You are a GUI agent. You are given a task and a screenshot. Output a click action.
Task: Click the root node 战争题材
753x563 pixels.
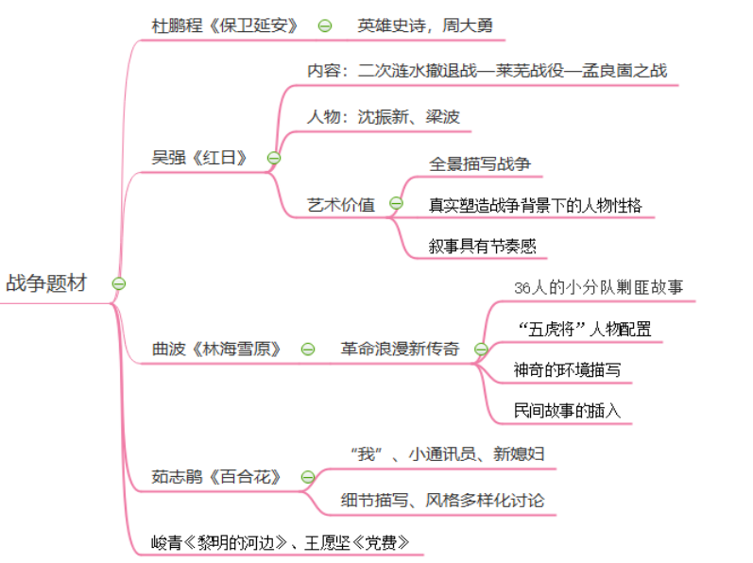45,283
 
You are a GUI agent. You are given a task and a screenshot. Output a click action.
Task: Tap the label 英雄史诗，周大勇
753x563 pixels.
424,26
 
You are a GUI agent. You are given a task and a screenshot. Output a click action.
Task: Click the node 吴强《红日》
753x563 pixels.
199,157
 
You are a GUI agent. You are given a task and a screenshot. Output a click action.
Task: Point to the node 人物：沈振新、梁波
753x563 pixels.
383,117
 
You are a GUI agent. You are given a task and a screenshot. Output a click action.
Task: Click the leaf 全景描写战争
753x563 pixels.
480,163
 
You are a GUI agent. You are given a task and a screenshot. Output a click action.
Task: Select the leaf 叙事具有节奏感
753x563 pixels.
482,246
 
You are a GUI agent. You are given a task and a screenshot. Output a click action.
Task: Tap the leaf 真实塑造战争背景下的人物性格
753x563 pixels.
535,204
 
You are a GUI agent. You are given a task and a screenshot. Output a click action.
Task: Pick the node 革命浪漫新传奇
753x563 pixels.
400,349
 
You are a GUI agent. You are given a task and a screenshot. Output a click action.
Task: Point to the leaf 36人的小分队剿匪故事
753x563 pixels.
598,287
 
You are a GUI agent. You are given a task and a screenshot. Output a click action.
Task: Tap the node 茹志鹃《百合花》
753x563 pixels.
216,477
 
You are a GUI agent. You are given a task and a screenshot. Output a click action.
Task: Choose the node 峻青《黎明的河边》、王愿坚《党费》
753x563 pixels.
281,542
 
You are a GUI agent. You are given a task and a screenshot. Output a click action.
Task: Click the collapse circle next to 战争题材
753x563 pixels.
119,283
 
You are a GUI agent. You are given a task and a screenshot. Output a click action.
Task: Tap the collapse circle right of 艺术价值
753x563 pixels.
396,204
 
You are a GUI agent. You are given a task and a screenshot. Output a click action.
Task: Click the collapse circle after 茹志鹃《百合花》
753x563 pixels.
307,477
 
